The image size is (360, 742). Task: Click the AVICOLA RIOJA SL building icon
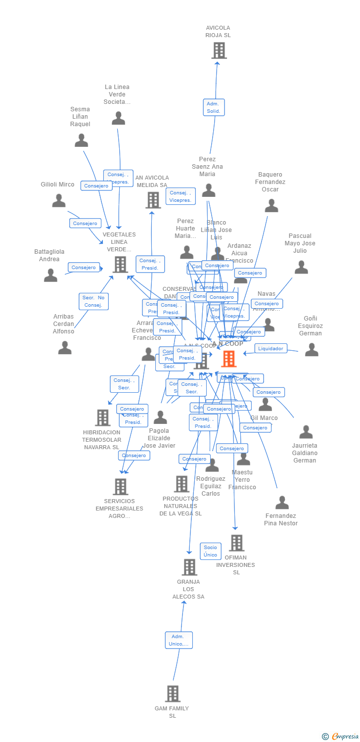click(x=219, y=50)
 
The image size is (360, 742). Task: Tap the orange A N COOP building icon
click(x=228, y=359)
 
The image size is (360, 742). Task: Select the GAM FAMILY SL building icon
click(x=173, y=694)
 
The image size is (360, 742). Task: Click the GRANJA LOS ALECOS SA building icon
click(x=189, y=567)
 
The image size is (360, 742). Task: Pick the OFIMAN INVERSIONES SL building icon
click(x=236, y=543)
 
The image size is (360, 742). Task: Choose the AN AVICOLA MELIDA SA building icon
click(x=153, y=200)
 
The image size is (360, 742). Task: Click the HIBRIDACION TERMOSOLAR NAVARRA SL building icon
click(x=102, y=417)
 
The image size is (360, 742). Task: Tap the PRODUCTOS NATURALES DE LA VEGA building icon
click(x=181, y=484)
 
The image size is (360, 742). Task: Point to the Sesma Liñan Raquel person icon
click(x=81, y=140)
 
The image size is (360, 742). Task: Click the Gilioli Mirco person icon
click(x=59, y=201)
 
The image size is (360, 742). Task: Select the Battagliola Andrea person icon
click(x=50, y=276)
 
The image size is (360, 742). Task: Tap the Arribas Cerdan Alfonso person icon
click(x=65, y=348)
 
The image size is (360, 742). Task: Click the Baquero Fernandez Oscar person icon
click(x=271, y=206)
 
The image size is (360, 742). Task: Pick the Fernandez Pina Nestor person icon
click(x=282, y=503)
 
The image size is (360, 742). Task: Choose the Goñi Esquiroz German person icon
click(x=312, y=350)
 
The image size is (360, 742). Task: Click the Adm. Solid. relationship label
click(x=214, y=107)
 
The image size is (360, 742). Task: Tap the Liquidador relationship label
click(x=271, y=348)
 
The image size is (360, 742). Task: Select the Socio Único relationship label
click(x=210, y=551)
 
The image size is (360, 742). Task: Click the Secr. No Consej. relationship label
click(x=93, y=301)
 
